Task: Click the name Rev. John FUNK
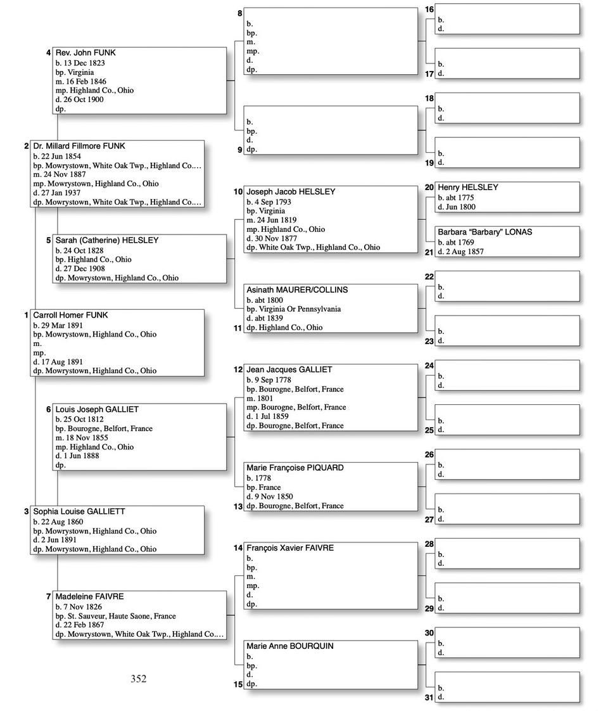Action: (85, 53)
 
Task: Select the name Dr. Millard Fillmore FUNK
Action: (79, 146)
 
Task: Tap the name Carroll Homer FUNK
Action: (70, 315)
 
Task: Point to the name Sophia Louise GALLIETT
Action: (79, 511)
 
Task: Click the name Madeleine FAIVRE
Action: (89, 596)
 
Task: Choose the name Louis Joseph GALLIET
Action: (97, 409)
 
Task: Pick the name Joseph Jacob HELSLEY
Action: (291, 191)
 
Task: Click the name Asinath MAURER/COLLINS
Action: (297, 290)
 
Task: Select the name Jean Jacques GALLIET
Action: (289, 369)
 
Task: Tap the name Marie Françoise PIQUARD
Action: (295, 468)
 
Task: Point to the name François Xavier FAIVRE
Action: (290, 548)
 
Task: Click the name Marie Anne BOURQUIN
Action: (290, 646)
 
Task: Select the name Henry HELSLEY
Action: (468, 188)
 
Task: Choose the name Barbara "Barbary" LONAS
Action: (484, 232)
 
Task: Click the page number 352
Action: (139, 679)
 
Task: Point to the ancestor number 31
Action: (429, 698)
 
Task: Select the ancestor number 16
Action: (429, 10)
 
